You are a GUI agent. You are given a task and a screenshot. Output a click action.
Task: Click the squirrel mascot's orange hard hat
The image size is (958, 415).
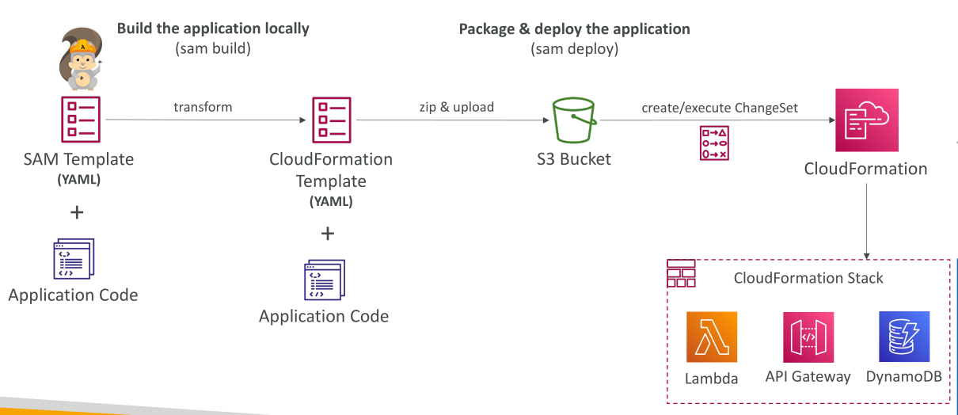click(83, 46)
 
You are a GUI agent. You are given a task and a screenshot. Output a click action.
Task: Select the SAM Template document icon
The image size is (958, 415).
click(81, 120)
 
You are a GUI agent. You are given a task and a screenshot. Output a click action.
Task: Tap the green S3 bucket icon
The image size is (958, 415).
click(574, 120)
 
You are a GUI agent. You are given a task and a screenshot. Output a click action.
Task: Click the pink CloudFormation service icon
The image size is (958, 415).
click(867, 120)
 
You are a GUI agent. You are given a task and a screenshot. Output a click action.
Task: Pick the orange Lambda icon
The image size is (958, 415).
click(712, 337)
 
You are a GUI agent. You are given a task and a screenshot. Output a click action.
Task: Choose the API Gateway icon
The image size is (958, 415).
click(808, 337)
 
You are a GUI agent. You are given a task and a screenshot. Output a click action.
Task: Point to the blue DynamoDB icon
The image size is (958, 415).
click(904, 337)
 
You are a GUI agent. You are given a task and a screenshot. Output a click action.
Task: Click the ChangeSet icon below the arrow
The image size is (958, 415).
click(714, 143)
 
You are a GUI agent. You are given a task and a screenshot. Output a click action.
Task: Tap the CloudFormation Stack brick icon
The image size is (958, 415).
click(682, 273)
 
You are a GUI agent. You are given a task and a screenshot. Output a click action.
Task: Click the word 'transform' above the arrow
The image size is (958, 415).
click(203, 107)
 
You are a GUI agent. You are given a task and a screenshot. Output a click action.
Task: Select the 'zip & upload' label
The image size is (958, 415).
click(456, 107)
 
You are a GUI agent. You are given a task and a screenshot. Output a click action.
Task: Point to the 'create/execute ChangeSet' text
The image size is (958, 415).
click(720, 108)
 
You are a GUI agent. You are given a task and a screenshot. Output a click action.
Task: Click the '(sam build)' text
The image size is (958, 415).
click(212, 48)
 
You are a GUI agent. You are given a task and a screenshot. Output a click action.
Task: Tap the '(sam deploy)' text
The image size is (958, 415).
click(574, 49)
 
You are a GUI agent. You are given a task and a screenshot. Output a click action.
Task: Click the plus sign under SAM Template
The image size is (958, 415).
click(77, 212)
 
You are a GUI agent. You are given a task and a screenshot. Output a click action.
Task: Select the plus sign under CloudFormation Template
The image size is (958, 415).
click(328, 234)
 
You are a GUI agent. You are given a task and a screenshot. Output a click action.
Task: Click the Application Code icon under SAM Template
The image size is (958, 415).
click(74, 259)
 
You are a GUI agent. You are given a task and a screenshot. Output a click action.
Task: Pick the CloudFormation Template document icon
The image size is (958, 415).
click(332, 120)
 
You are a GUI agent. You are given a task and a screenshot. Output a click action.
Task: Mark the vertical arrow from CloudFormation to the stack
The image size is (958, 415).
click(866, 222)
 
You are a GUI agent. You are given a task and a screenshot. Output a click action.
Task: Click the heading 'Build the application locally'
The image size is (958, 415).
click(213, 29)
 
